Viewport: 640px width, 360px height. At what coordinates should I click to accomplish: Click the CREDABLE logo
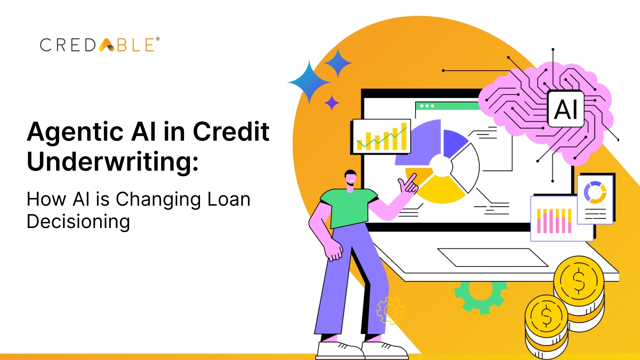pyautogui.click(x=99, y=45)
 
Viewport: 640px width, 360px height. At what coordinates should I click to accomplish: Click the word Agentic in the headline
pyautogui.click(x=75, y=132)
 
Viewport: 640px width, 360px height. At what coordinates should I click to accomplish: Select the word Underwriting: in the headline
pyautogui.click(x=113, y=161)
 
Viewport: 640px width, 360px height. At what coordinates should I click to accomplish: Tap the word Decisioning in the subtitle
pyautogui.click(x=78, y=222)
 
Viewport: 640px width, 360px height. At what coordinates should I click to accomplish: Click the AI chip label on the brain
pyautogui.click(x=566, y=109)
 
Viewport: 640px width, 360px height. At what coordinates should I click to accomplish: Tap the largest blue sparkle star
pyautogui.click(x=309, y=82)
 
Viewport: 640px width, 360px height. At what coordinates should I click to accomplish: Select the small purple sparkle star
pyautogui.click(x=332, y=103)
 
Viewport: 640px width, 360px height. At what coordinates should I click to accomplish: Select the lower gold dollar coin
pyautogui.click(x=546, y=316)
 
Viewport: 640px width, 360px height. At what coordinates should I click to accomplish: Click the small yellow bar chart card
pyautogui.click(x=381, y=136)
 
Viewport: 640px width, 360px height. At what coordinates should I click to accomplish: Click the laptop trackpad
pyautogui.click(x=493, y=257)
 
